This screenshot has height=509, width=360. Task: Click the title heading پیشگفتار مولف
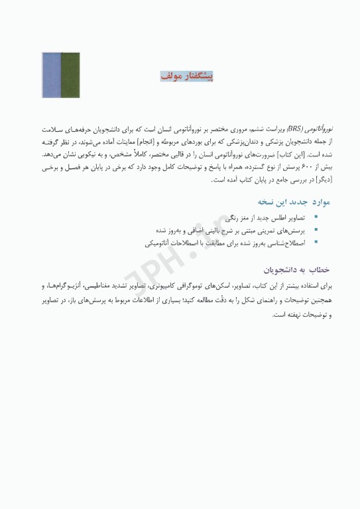(187, 76)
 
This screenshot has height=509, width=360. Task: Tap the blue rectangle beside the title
(51, 77)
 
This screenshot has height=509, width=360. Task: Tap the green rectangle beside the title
(70, 77)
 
